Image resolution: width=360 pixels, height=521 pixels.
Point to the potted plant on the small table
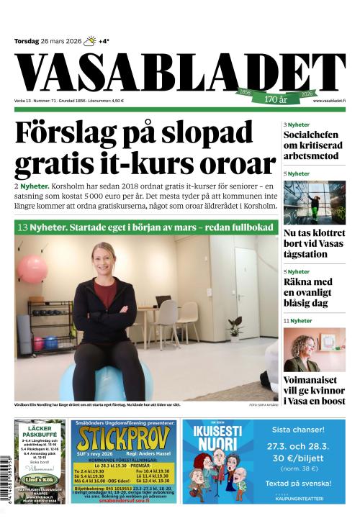tap(235, 327)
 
